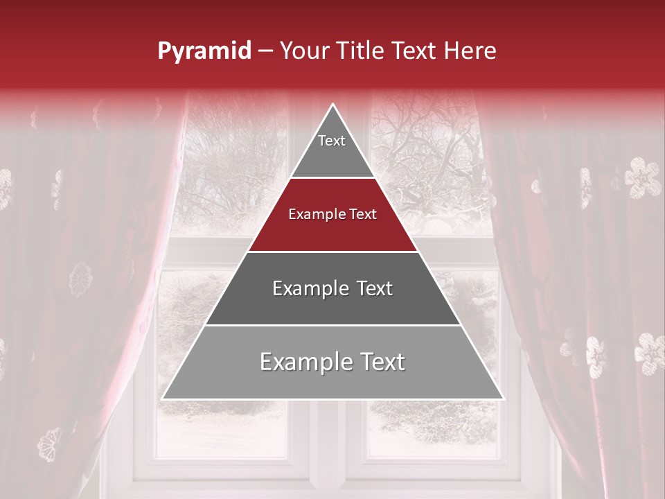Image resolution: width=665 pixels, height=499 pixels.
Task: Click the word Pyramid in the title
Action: [204, 51]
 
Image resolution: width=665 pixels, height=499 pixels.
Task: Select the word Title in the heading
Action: [362, 51]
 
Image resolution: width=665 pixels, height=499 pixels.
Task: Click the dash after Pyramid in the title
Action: [265, 51]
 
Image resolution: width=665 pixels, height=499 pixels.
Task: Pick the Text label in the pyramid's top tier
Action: [332, 141]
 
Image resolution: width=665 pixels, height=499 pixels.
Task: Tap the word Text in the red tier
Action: [362, 215]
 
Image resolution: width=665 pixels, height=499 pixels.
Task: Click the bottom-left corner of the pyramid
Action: [163, 399]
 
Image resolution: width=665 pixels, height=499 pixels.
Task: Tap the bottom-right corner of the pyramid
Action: [503, 399]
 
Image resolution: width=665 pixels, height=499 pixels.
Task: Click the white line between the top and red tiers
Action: [332, 178]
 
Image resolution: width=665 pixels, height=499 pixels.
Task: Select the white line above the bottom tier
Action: [332, 325]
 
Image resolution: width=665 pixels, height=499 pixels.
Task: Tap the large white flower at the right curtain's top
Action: [643, 176]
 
